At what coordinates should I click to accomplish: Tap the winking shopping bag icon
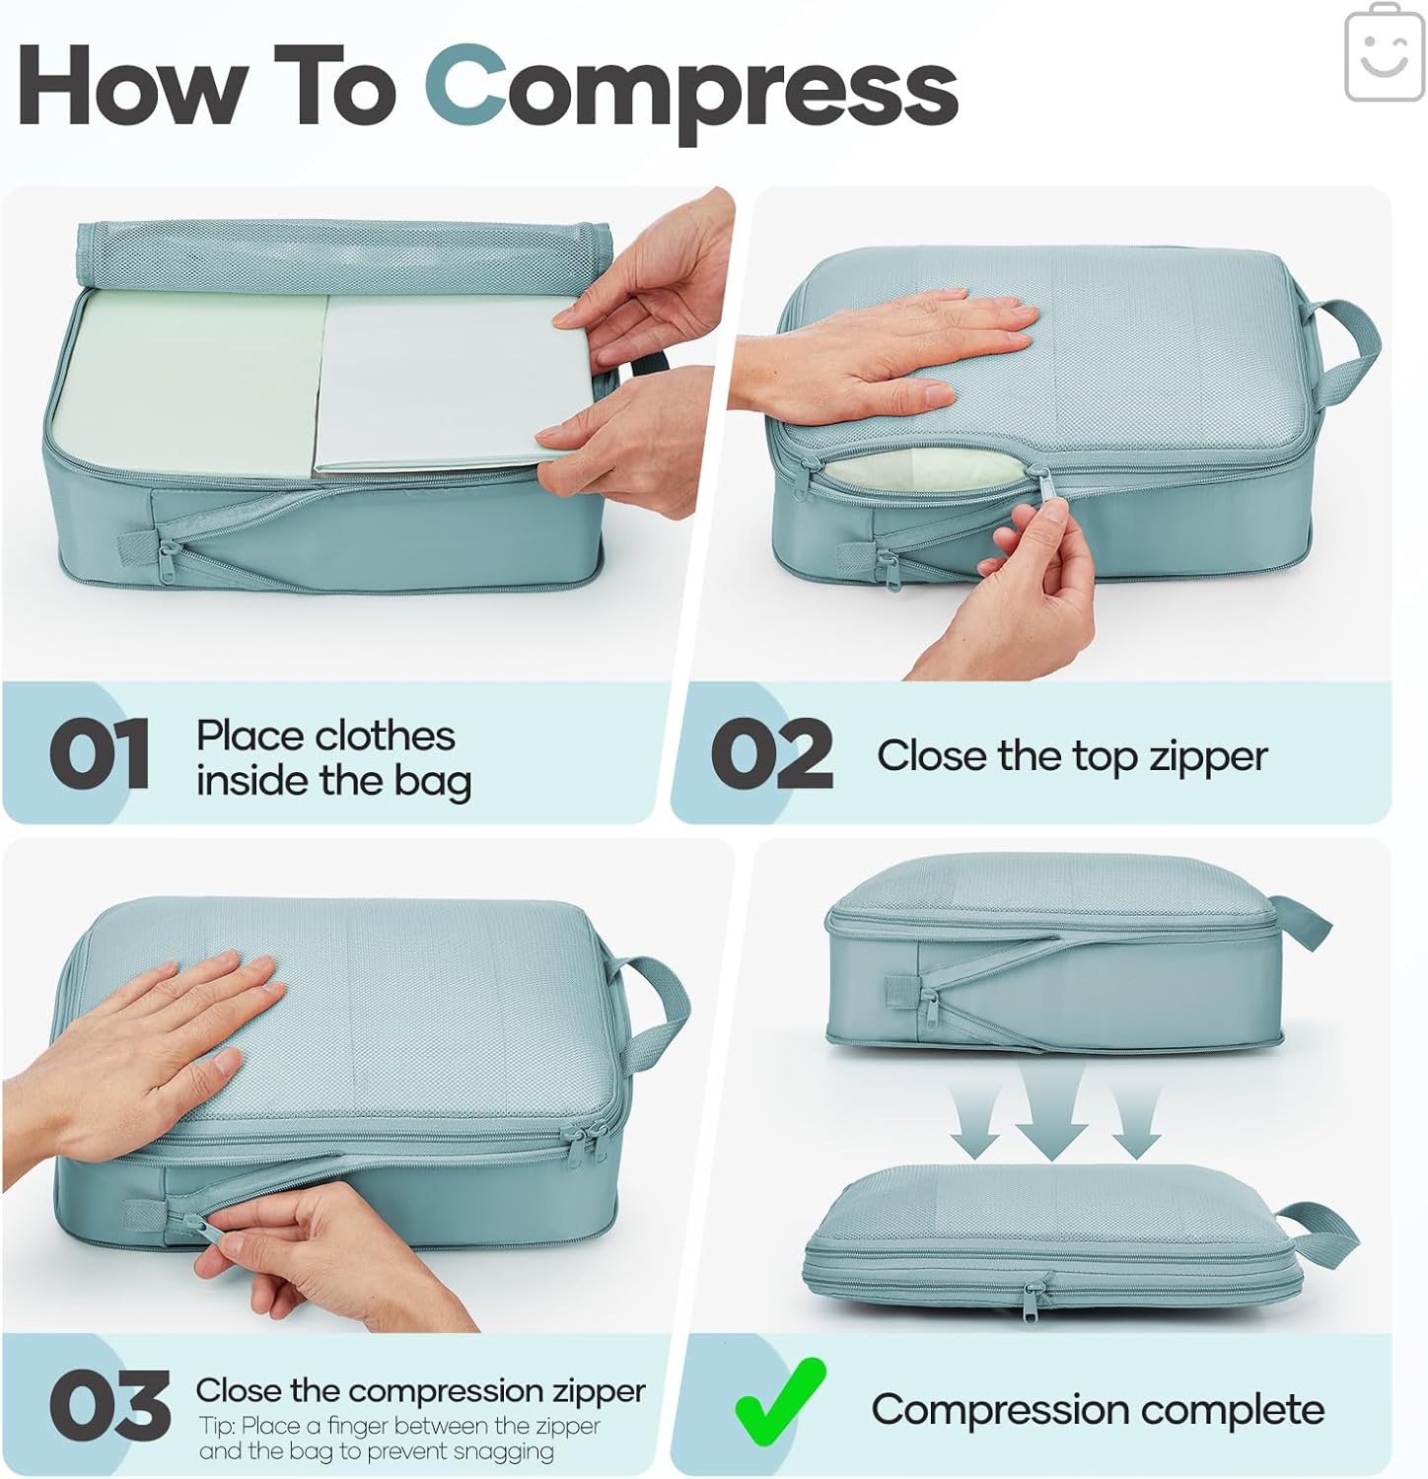pyautogui.click(x=1384, y=53)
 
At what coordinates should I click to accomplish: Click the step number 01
pyautogui.click(x=99, y=754)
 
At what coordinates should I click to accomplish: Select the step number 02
pyautogui.click(x=771, y=754)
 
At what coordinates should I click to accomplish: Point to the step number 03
pyautogui.click(x=108, y=1405)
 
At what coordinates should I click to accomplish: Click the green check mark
pyautogui.click(x=779, y=1402)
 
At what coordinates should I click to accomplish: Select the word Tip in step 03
pyautogui.click(x=215, y=1426)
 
